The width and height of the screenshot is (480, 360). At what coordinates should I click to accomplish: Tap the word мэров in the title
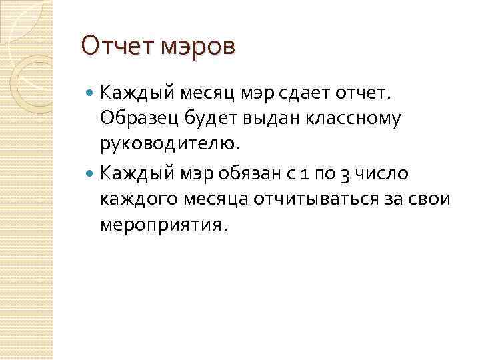coord(199,48)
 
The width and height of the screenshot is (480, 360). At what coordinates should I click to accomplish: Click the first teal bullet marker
coord(91,91)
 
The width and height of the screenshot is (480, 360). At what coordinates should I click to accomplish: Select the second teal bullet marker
coord(91,173)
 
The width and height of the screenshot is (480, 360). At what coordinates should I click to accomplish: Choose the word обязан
coord(256,173)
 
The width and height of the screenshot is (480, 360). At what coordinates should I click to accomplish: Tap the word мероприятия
coord(163,225)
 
